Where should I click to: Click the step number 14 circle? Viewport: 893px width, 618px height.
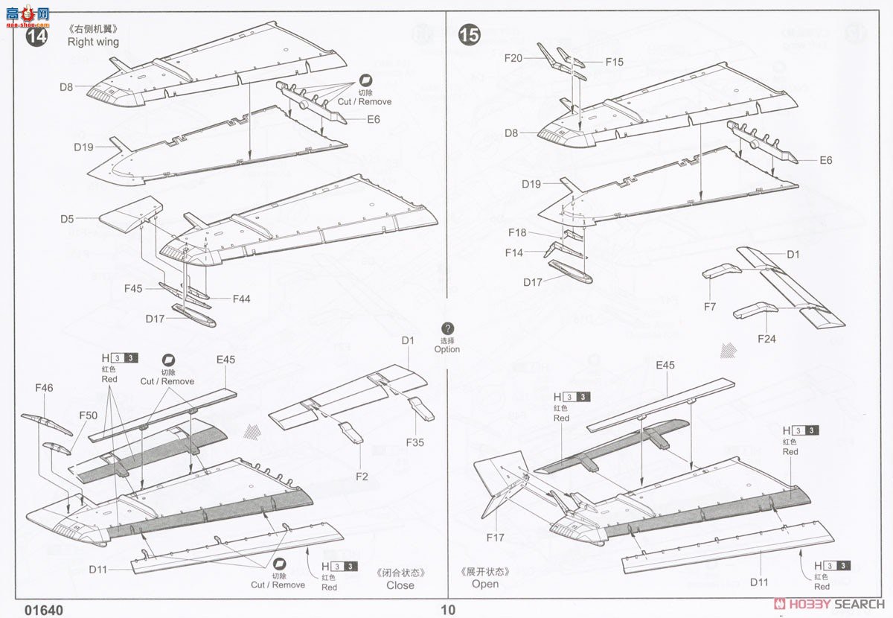coord(36,36)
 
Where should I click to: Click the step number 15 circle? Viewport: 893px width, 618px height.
coord(470,34)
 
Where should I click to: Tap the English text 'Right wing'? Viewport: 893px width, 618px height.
coord(93,42)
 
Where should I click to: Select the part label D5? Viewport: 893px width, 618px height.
coord(68,219)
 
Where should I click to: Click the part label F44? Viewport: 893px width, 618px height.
coord(241,299)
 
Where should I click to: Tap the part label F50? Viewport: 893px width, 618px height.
coord(89,415)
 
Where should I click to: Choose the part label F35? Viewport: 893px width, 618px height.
coord(415,442)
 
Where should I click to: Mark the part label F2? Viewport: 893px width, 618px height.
coord(362,477)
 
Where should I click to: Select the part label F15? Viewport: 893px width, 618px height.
coord(614,63)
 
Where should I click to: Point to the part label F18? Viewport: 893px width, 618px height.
coord(517,233)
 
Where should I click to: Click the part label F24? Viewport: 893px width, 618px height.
coord(766,339)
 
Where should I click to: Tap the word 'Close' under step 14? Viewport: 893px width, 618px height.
coord(400,585)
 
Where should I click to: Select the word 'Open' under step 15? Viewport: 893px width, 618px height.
coord(485,584)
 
